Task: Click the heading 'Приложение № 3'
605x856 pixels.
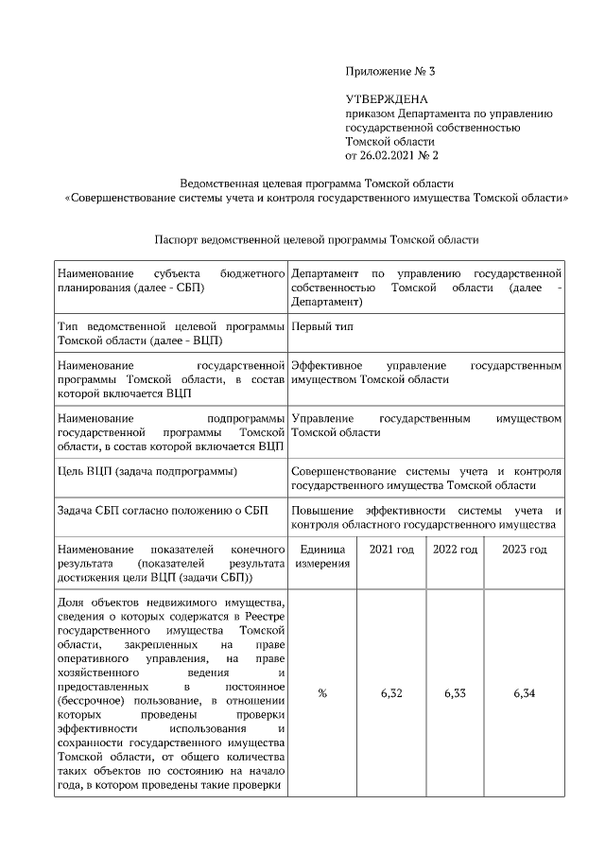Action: click(x=390, y=71)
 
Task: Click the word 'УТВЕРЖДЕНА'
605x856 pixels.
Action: click(x=388, y=99)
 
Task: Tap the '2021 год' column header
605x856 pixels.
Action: click(x=391, y=550)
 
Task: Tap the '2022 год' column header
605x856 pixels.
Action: click(x=455, y=550)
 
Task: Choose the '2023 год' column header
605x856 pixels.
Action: click(x=525, y=550)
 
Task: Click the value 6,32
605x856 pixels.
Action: click(x=391, y=693)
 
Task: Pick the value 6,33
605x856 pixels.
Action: click(x=455, y=693)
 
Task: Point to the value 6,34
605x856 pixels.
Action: click(x=525, y=693)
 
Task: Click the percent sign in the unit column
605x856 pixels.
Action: click(x=322, y=693)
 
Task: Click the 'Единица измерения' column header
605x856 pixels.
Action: click(x=322, y=556)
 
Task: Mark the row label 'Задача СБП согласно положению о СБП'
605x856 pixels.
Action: click(x=163, y=510)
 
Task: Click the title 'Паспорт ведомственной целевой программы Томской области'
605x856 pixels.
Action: click(x=316, y=240)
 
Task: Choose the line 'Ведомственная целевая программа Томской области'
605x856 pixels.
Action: click(x=318, y=183)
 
